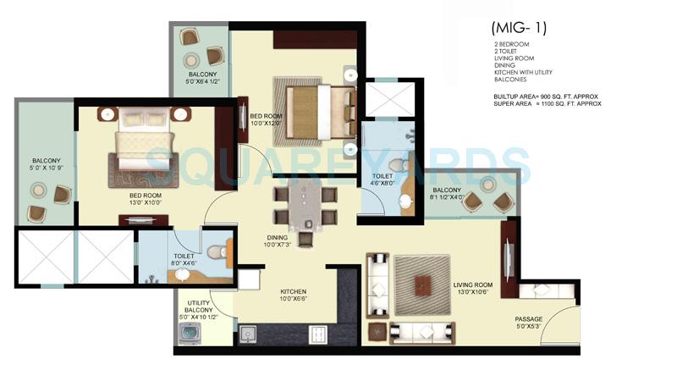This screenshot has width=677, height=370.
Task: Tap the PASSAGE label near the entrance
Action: tap(529, 319)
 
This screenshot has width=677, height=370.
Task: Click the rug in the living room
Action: tap(424, 284)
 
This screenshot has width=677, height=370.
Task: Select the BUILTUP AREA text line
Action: tap(546, 97)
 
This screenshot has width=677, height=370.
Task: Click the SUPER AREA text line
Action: tap(547, 103)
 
